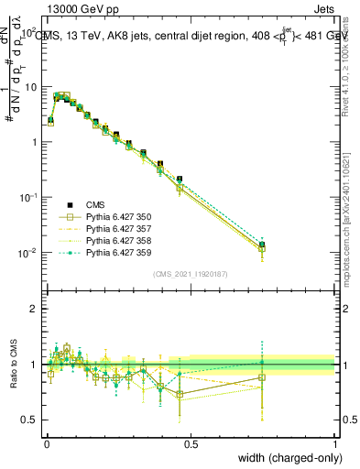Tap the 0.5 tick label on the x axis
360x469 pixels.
[x=191, y=443]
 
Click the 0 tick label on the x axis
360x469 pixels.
[x=47, y=443]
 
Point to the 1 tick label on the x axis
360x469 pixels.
[x=335, y=443]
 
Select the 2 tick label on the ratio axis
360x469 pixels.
[x=35, y=309]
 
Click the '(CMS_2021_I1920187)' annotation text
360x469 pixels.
[x=191, y=274]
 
